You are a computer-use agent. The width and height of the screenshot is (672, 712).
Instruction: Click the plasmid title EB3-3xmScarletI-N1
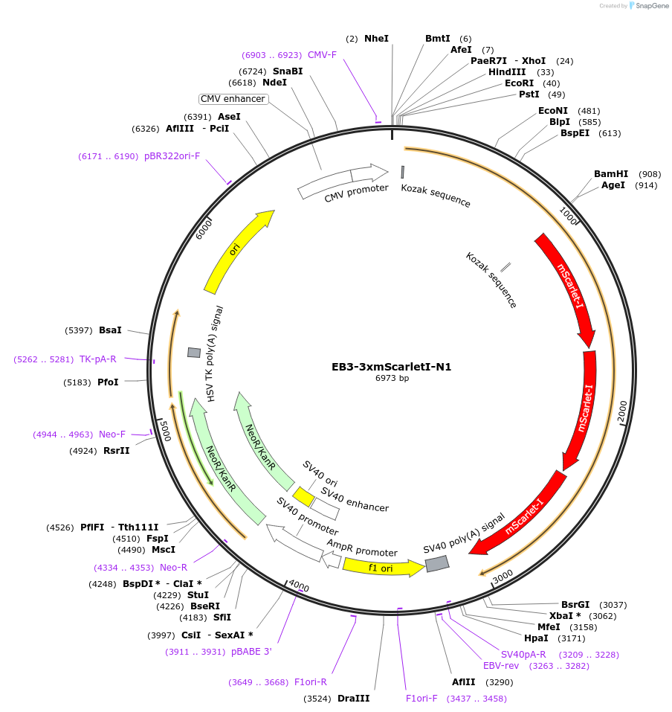pyautogui.click(x=391, y=367)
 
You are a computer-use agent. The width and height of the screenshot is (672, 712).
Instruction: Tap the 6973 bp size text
pyautogui.click(x=392, y=379)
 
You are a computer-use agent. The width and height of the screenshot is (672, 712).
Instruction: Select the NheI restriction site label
pyautogui.click(x=376, y=38)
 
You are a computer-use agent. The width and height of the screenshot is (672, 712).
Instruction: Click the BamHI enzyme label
pyautogui.click(x=611, y=174)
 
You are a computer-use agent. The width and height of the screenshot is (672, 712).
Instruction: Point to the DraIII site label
pyautogui.click(x=353, y=699)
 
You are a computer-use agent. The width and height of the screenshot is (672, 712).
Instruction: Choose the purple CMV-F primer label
pyautogui.click(x=322, y=55)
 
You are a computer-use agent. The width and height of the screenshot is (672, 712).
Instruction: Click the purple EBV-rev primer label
pyautogui.click(x=501, y=666)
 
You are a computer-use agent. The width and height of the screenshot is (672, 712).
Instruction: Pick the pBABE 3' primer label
pyautogui.click(x=251, y=652)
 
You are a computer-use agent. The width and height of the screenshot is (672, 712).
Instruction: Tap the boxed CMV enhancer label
pyautogui.click(x=233, y=99)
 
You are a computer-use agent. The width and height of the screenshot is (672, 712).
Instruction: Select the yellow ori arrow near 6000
pyautogui.click(x=236, y=250)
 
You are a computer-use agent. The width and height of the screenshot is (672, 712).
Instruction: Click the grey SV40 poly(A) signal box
pyautogui.click(x=437, y=564)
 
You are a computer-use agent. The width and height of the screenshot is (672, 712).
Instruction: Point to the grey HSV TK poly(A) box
pyautogui.click(x=194, y=352)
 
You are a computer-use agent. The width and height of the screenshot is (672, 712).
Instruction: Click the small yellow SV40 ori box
pyautogui.click(x=303, y=496)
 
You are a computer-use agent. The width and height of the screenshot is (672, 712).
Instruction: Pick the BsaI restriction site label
pyautogui.click(x=110, y=330)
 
